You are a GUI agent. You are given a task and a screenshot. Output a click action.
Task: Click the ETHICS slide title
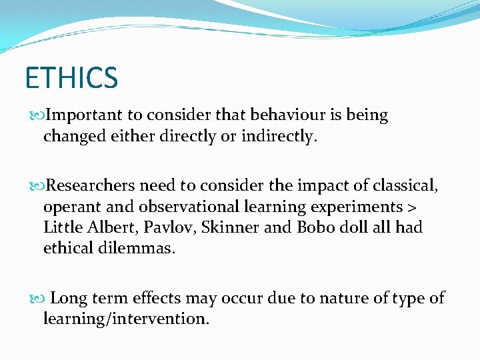click(x=71, y=77)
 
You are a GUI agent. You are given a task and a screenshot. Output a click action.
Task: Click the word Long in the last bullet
click(x=67, y=298)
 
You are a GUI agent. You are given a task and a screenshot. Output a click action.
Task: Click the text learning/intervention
click(x=125, y=319)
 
